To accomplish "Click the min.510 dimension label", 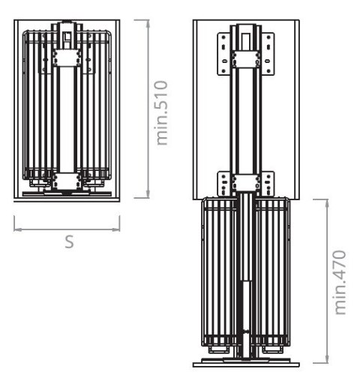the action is pos(162,112).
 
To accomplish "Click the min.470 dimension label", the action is pos(340,282).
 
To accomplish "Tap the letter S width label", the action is pos(70,241).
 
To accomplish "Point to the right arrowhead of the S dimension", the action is pos(116,229).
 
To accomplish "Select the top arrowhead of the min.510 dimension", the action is pos(148,24).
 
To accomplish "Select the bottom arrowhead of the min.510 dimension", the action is pos(148,194).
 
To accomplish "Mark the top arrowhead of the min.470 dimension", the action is pos(327,203).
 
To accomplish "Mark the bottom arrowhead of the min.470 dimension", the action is pos(327,359).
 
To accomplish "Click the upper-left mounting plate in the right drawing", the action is pos(224,54).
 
